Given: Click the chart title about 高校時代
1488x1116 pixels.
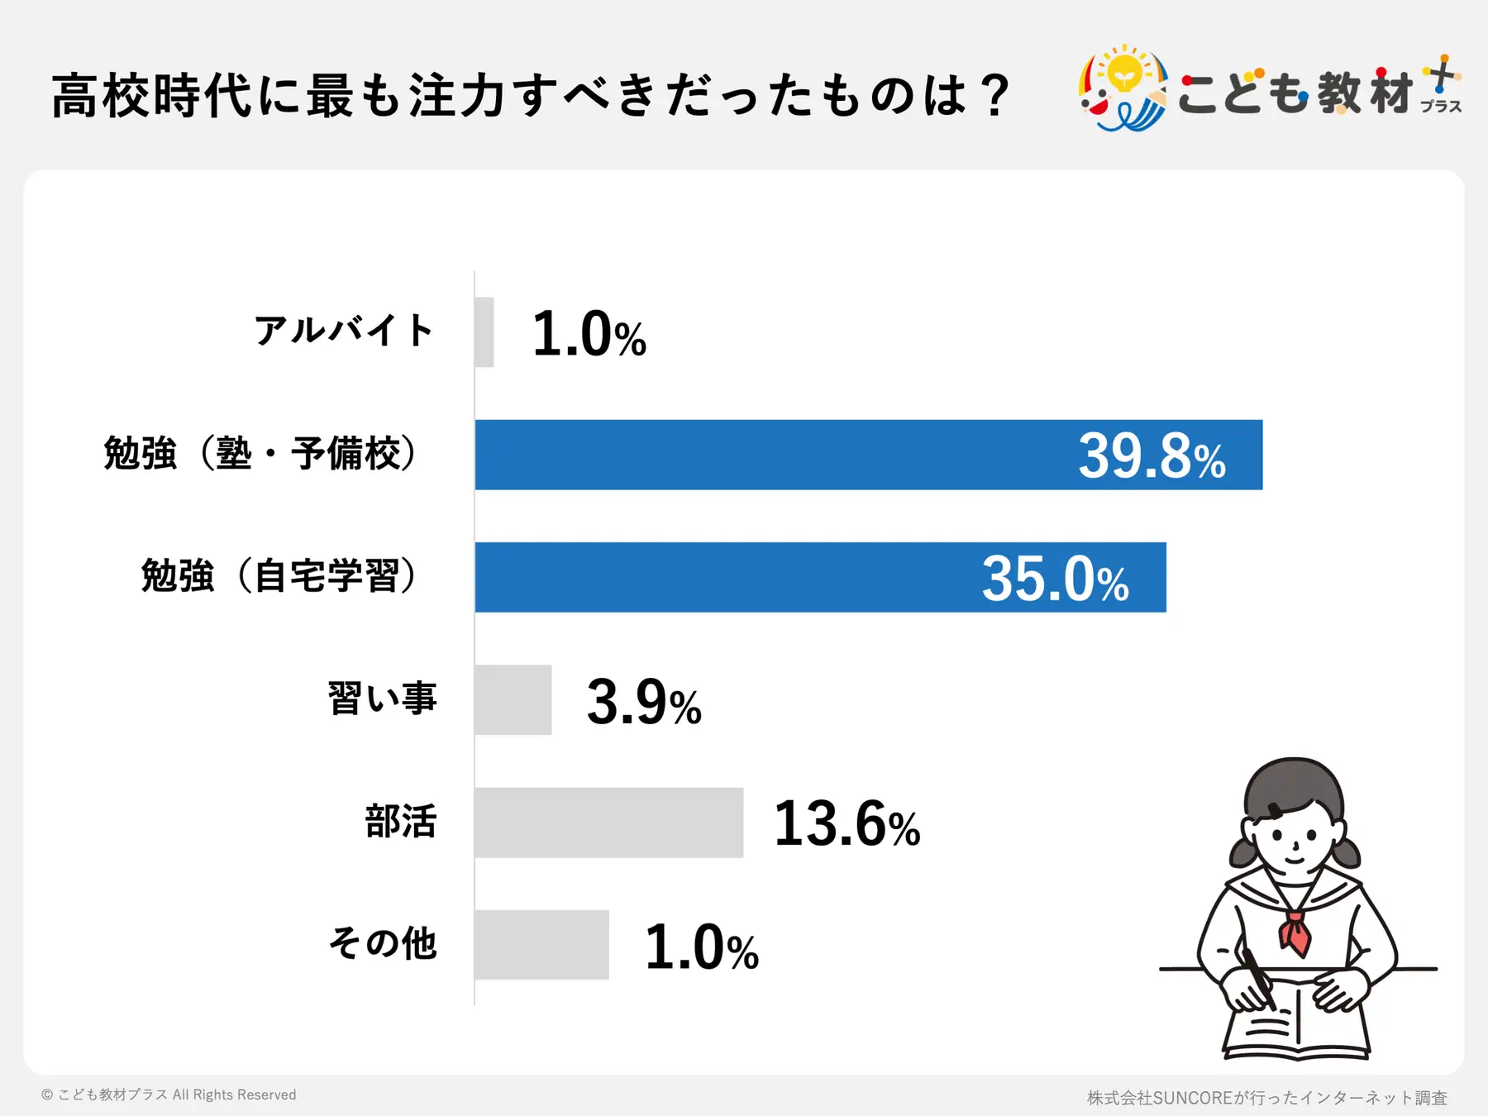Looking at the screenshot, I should (x=529, y=96).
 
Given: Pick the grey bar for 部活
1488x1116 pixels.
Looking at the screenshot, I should (x=608, y=823).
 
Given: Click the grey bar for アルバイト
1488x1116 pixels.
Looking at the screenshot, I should (x=484, y=332).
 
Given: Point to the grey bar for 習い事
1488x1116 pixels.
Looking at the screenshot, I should (x=513, y=699).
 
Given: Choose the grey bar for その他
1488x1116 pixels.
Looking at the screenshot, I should (x=541, y=945).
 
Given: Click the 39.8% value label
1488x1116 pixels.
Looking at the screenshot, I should (x=1151, y=456).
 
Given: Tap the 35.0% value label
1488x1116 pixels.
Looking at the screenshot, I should (x=1055, y=579).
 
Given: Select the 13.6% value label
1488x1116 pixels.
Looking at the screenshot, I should (x=847, y=824).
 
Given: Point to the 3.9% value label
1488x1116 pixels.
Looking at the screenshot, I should (x=643, y=702).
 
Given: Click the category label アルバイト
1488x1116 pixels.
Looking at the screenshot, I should (x=344, y=331).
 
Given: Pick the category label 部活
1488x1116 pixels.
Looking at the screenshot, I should (x=401, y=822).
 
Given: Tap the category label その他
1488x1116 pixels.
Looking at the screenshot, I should (x=383, y=943).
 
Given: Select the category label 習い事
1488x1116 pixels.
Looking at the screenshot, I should (x=382, y=699).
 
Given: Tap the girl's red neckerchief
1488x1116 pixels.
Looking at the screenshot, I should (x=1295, y=932).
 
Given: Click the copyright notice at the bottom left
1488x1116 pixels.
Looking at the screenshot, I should (x=169, y=1095).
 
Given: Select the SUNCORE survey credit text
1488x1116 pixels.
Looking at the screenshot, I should (x=1266, y=1098).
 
